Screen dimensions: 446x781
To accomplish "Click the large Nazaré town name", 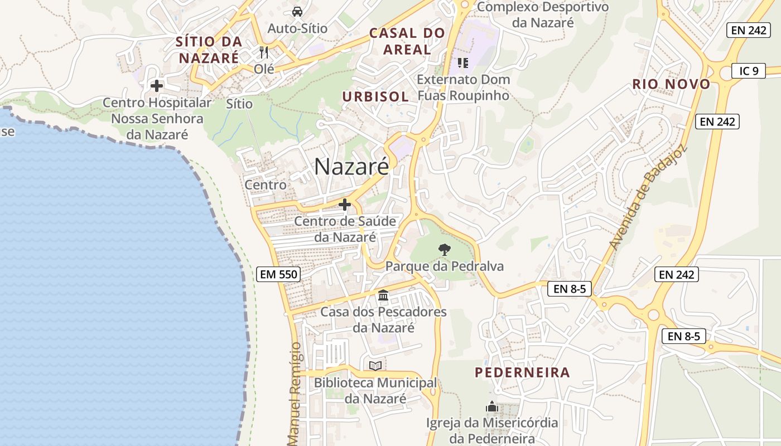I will (351, 166).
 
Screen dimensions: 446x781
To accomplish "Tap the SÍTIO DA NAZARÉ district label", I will (209, 49).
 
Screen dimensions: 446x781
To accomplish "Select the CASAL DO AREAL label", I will (407, 41).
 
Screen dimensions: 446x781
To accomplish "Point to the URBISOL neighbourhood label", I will (375, 96).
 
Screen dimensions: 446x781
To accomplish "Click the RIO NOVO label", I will (671, 84).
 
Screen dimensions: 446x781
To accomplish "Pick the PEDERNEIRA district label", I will (522, 372).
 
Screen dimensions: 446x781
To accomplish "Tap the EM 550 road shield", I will (279, 274).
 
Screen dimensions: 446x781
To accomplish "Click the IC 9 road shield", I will (749, 71).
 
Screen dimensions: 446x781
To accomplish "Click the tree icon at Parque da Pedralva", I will (444, 249).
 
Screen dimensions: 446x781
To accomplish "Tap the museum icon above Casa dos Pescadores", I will (383, 295).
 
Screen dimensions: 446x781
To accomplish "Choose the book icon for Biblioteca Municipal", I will (375, 366).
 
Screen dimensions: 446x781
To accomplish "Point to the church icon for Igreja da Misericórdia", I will (491, 406).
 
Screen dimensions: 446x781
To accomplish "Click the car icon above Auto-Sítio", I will (297, 11).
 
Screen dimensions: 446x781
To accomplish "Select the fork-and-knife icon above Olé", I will (264, 52).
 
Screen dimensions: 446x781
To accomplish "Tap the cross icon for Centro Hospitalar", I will (157, 86).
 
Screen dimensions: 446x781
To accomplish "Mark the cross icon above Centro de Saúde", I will (345, 205).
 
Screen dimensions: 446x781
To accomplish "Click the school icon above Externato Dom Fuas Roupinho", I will (462, 62).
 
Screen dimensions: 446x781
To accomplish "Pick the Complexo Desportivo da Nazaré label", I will (543, 14).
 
